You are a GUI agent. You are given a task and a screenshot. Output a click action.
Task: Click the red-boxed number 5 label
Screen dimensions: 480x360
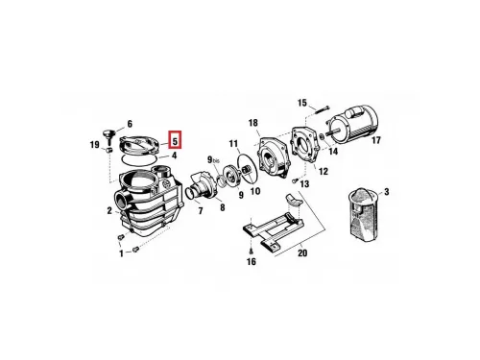(x=175, y=140)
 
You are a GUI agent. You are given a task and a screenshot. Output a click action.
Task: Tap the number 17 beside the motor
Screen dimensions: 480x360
(x=376, y=140)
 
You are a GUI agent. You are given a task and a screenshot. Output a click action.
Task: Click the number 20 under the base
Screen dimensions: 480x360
(x=302, y=252)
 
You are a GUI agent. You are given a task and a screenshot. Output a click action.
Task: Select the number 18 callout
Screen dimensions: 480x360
(x=252, y=123)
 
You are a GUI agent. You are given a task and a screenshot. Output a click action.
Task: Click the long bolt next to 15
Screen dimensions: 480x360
(x=321, y=108)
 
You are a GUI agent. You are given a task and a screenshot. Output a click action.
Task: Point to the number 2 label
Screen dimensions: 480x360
(x=109, y=210)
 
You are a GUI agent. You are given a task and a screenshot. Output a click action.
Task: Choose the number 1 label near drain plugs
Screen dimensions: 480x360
(x=121, y=253)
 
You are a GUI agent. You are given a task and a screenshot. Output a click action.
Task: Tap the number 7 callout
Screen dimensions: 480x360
(x=201, y=211)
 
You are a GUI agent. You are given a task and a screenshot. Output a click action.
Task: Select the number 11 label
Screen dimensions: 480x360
(x=233, y=144)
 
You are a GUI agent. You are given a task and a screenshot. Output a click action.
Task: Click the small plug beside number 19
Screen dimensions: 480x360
(x=108, y=150)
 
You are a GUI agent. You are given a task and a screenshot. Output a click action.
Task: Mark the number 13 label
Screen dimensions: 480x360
(x=304, y=184)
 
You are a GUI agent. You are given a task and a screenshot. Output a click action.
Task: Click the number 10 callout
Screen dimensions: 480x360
(x=255, y=191)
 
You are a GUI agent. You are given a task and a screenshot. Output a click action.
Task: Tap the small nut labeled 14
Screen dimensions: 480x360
(x=323, y=136)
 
